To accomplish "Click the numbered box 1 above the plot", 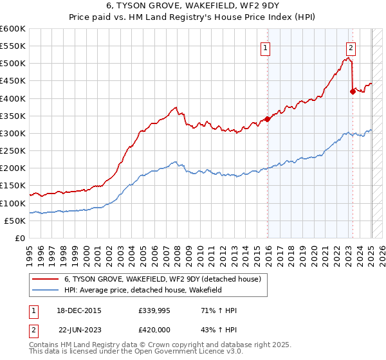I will pos(264,46).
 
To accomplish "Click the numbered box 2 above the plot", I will pos(351,46).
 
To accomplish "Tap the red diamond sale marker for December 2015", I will pos(267,119).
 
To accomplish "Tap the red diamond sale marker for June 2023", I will pos(353,91).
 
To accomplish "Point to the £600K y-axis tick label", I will pos(13,29).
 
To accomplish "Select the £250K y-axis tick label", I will pos(13,150).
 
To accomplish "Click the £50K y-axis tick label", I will pos(15,221).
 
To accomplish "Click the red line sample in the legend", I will pos(46,279).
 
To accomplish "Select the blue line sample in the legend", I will pos(46,291).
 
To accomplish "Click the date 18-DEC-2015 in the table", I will pos(81,310).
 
